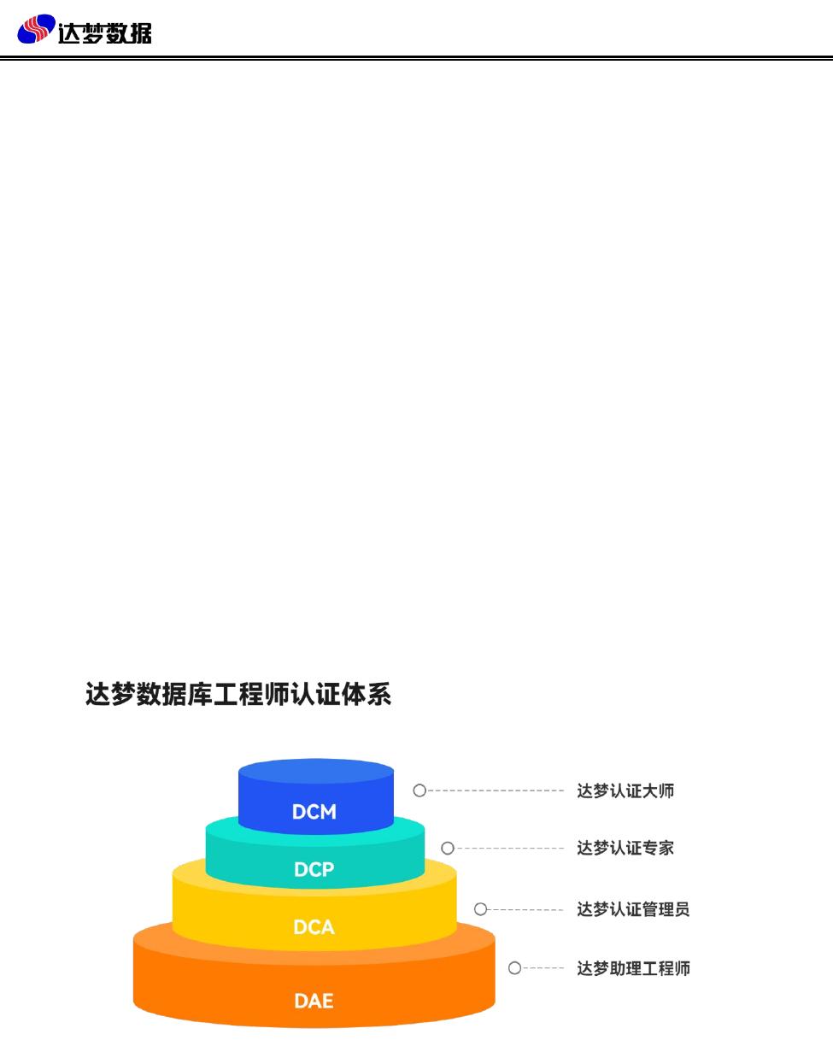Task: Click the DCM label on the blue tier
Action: coord(314,812)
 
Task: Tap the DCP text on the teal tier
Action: coord(314,870)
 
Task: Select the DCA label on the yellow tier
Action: coord(314,927)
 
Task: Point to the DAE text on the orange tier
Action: coord(314,1001)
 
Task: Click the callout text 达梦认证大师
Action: coord(625,791)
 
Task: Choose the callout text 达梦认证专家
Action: coord(625,849)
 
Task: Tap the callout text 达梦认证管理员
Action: coord(633,909)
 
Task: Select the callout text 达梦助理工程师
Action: coord(633,969)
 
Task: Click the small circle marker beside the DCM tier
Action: coord(419,790)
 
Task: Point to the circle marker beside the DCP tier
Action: coord(448,849)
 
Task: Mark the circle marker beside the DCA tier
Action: coord(481,909)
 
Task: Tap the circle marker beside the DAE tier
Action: coord(515,968)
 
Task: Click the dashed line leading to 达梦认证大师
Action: coord(496,790)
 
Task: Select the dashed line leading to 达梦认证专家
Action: coord(509,849)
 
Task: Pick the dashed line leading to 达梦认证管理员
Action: coord(525,909)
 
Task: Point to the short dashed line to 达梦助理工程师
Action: coord(543,968)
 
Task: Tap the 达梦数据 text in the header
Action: coord(105,32)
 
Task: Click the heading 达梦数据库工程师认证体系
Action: coord(238,694)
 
